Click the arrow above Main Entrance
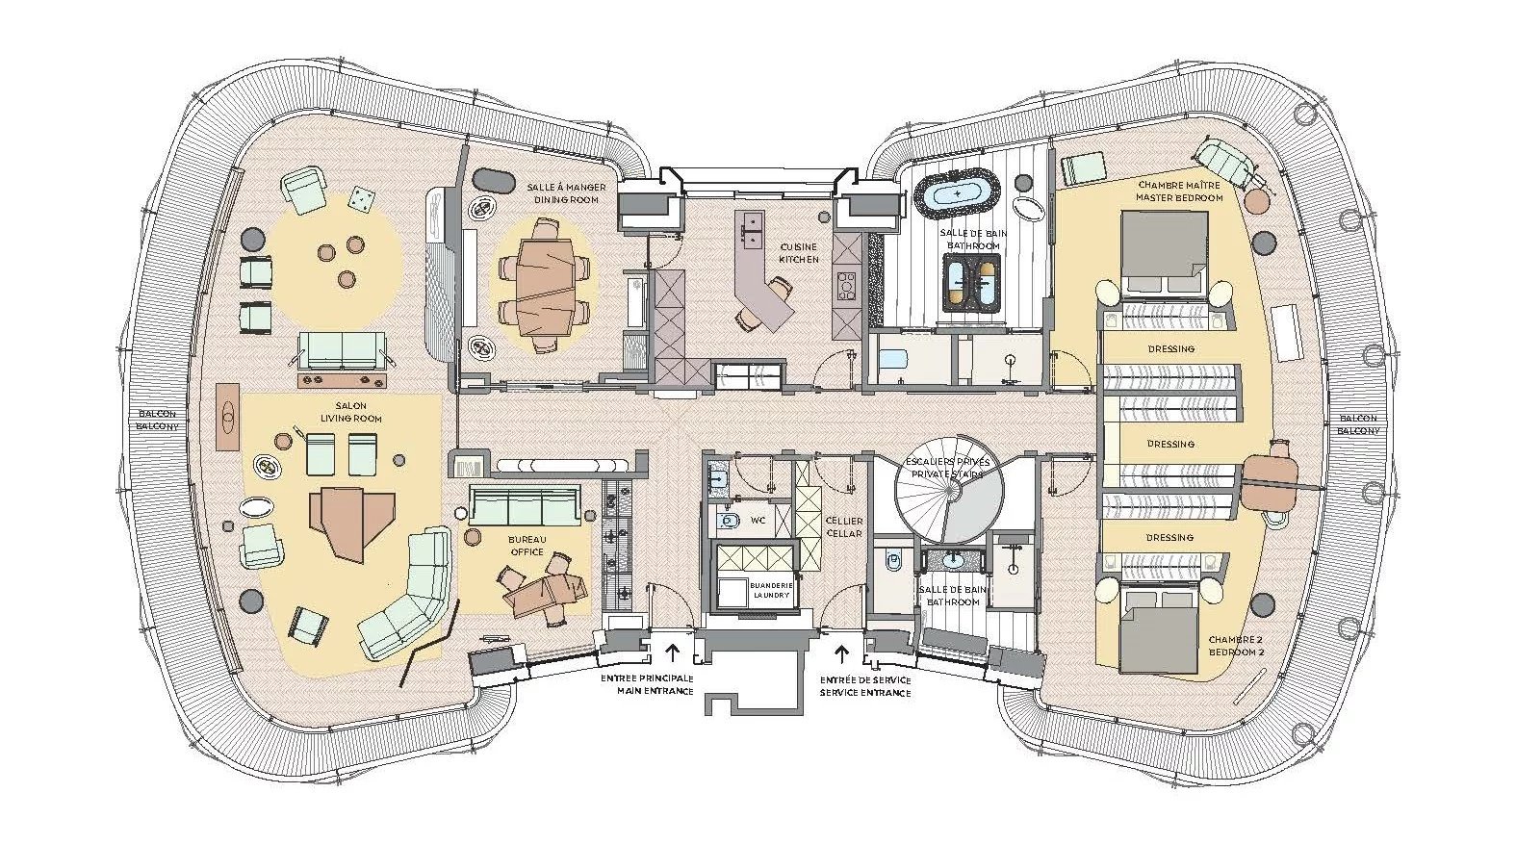(673, 652)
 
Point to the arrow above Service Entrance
(842, 652)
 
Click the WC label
(758, 521)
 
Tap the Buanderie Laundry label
(769, 590)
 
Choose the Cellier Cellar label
(844, 527)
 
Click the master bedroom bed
(1164, 254)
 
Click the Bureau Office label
(527, 547)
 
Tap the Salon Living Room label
(350, 412)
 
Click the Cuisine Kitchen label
(799, 253)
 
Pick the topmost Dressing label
(1171, 349)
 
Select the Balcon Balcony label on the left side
(157, 421)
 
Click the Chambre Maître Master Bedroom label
(1179, 192)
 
